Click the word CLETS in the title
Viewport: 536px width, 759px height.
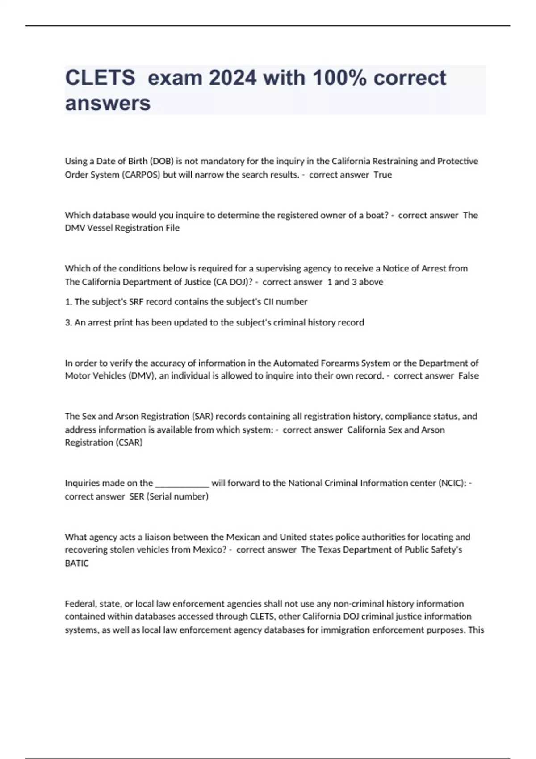(x=100, y=78)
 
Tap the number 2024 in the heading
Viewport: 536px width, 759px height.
(x=232, y=78)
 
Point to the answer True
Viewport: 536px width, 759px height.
(x=383, y=175)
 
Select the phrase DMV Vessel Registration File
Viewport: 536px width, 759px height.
(x=122, y=228)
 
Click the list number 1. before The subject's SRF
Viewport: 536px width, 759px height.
(x=68, y=302)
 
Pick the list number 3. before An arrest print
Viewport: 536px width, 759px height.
(x=68, y=322)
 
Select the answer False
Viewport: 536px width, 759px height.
(x=469, y=376)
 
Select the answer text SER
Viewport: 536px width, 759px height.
(x=136, y=496)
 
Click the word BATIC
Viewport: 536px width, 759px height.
(x=77, y=563)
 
